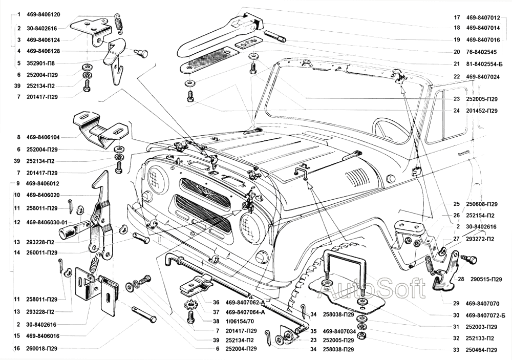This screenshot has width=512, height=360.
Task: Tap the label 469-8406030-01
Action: click(46, 222)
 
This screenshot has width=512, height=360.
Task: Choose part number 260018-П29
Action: click(42, 348)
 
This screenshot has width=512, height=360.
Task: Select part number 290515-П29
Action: click(483, 279)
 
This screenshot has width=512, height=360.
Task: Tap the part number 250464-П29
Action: click(483, 349)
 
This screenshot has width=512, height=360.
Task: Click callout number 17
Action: click(457, 17)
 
